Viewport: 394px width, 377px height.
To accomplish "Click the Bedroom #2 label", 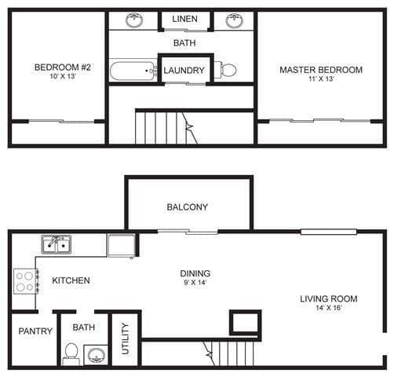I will point(63,68).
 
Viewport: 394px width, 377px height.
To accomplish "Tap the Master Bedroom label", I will point(321,70).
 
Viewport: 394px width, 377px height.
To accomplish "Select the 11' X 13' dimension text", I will point(321,80).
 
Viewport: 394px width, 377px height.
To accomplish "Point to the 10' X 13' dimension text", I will point(63,78).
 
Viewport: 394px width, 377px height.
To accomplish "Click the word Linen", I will point(185,18).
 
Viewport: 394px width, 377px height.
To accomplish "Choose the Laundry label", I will point(184,71).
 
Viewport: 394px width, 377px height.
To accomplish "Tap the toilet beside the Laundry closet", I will point(226,70).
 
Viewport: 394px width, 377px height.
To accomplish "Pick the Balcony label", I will point(188,207).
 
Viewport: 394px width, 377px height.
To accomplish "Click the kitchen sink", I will point(56,244).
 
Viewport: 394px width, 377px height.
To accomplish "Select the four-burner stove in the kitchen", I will point(26,281).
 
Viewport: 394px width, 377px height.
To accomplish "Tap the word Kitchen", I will point(71,280).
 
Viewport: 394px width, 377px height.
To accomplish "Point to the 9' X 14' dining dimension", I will point(195,284).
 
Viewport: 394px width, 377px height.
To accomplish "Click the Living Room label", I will point(329,298).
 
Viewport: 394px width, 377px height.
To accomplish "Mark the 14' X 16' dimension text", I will point(329,309).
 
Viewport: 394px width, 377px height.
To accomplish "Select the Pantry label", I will point(35,331).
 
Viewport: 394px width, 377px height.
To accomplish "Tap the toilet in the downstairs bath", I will point(71,353).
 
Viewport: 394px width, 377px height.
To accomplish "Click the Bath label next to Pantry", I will point(84,327).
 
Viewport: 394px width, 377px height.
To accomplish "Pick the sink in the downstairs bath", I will point(96,355).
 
